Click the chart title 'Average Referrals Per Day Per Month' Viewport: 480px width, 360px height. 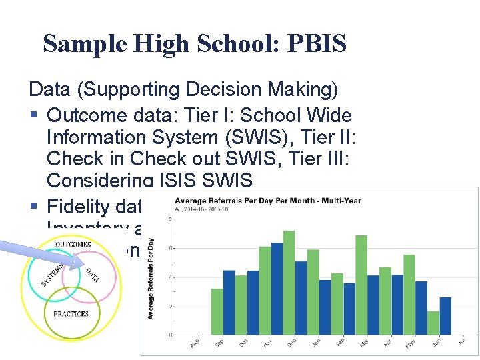pos(267,200)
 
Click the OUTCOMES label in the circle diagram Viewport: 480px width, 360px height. pos(73,245)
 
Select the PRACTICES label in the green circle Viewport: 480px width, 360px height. pos(71,313)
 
